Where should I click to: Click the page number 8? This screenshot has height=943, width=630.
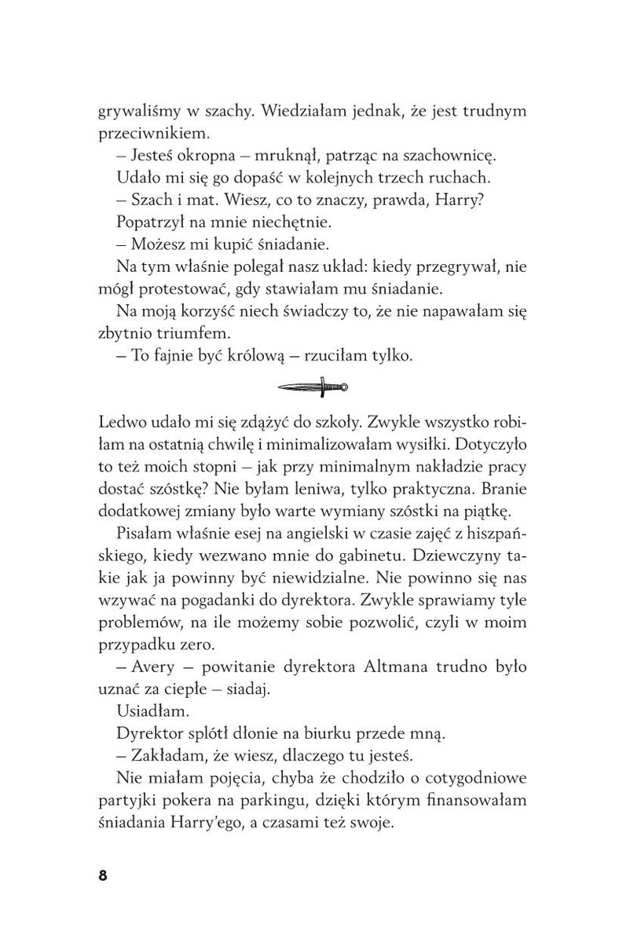(x=102, y=876)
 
